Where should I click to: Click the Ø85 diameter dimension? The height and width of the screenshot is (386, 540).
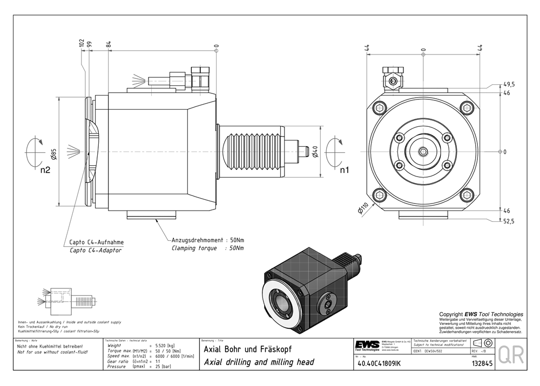[54, 155]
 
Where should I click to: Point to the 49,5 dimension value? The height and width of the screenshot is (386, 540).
[509, 85]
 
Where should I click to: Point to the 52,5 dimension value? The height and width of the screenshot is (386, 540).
[509, 221]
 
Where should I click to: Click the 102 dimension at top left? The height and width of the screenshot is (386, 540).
[82, 43]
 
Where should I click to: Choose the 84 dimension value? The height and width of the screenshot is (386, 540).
[109, 44]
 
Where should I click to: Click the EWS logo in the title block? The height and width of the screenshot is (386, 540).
[367, 345]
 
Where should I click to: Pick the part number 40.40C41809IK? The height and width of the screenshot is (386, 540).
[377, 363]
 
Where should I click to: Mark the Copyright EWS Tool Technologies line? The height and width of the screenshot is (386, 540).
[481, 314]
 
